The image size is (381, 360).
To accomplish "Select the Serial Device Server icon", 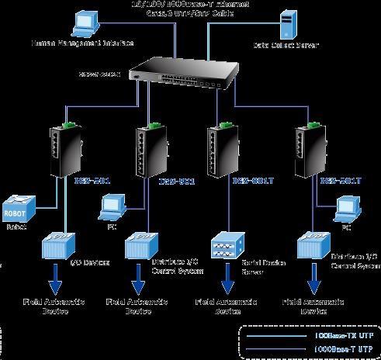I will [x=230, y=244].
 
